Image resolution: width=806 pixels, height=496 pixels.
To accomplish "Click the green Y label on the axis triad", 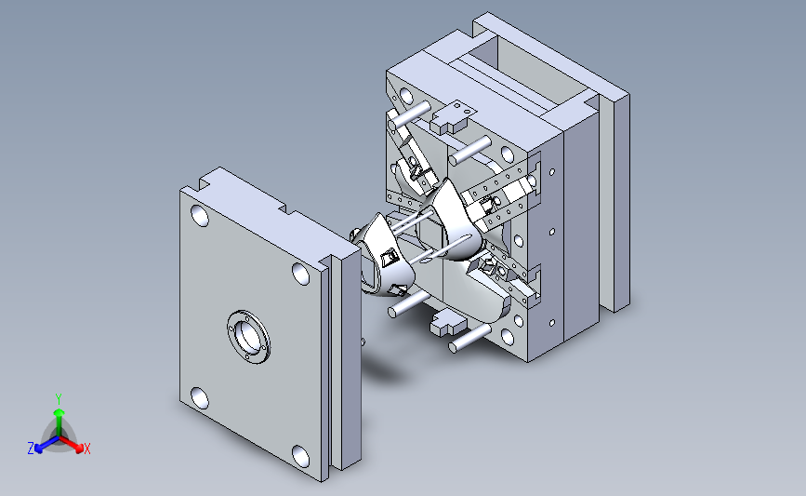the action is [x=59, y=399].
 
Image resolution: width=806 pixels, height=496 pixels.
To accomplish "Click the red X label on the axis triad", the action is [x=86, y=449].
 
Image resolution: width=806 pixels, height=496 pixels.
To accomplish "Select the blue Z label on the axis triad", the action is [x=31, y=449].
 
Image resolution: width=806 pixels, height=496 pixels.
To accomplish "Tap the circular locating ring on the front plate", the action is [x=249, y=337].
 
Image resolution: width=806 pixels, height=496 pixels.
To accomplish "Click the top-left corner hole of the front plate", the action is [x=200, y=216].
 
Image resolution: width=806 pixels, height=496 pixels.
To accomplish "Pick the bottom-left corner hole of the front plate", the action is [x=200, y=398].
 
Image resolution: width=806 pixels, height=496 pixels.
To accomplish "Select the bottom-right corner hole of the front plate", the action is [x=300, y=456].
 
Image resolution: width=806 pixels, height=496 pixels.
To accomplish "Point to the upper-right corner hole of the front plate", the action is [x=300, y=274].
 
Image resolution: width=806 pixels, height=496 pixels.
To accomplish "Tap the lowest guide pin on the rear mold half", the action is [x=469, y=338].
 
